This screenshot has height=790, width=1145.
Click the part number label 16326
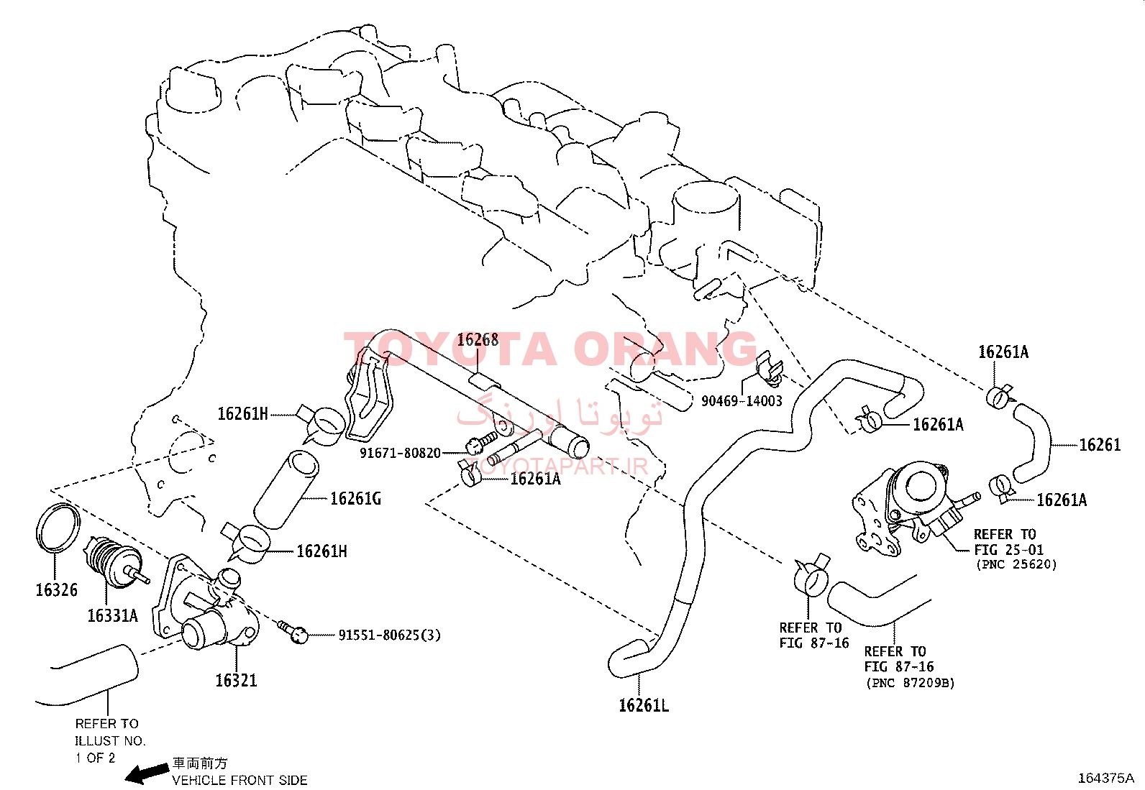tap(56, 589)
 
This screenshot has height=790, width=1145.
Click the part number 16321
tap(236, 681)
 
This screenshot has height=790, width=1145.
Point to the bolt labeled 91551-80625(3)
tap(293, 632)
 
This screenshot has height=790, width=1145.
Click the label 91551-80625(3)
tap(390, 635)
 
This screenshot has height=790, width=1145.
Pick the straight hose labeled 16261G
tap(286, 489)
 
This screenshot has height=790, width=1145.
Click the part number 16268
tap(478, 340)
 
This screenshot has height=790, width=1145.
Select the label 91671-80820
tap(400, 454)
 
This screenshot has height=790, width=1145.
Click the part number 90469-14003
tap(742, 400)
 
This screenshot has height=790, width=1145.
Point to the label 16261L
tap(644, 706)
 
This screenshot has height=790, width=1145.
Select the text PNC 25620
tap(1017, 565)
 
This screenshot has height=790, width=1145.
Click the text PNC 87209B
tap(911, 683)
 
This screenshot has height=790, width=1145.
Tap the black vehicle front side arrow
tap(147, 773)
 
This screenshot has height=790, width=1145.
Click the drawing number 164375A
tap(1106, 778)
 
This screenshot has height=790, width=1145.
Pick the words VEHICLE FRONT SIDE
tap(240, 780)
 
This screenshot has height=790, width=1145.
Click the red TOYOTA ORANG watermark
tap(550, 349)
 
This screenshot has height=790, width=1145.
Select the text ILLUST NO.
tap(111, 740)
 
